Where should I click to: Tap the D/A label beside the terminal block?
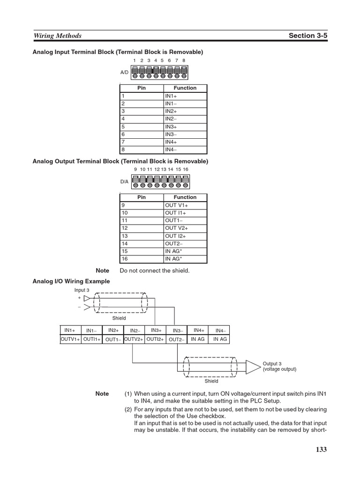[124, 181]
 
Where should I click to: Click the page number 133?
[321, 450]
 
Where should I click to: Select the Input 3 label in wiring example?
[82, 290]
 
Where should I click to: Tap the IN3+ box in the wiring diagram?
[156, 330]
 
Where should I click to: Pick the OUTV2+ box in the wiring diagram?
[134, 339]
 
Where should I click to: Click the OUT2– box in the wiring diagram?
[177, 339]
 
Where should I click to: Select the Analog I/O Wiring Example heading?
[71, 281]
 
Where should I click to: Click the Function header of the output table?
[185, 197]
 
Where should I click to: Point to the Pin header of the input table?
[141, 88]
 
